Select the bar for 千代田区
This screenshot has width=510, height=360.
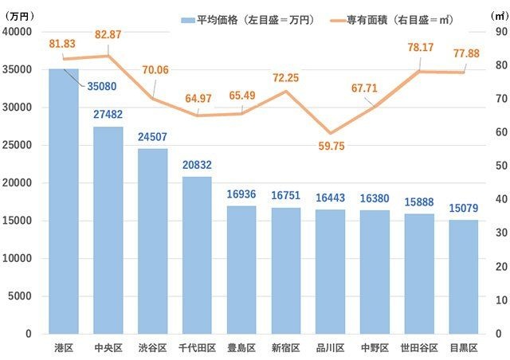[198, 255]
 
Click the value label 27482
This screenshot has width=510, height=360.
[108, 115]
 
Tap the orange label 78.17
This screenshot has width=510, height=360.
[419, 48]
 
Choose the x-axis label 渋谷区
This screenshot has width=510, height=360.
[152, 348]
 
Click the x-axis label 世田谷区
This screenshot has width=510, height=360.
[419, 348]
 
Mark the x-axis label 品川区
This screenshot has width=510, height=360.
[330, 348]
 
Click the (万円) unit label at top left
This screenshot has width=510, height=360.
[19, 16]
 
